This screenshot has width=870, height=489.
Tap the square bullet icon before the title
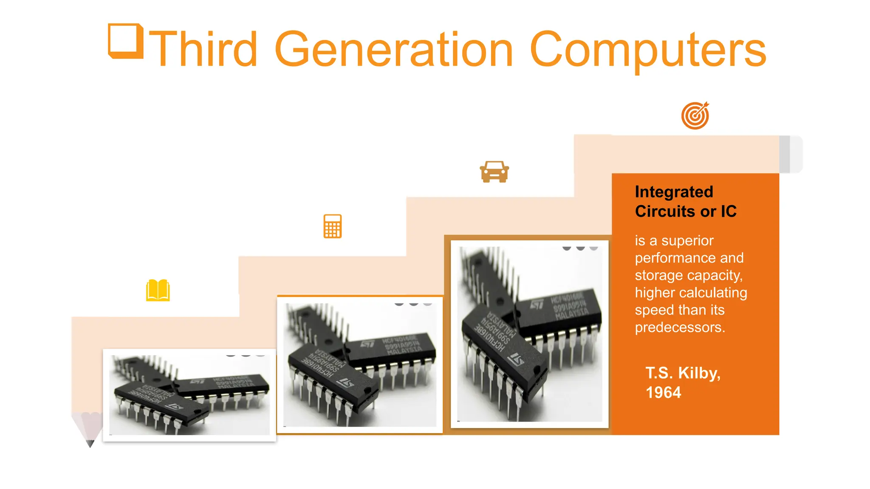125,41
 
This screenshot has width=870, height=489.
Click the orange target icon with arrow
695,115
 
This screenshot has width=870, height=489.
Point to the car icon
494,172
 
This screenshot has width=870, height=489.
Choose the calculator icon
332,226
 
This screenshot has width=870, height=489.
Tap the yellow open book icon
158,290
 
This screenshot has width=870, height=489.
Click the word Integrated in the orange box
674,192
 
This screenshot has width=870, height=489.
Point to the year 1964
663,393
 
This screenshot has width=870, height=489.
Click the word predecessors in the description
680,327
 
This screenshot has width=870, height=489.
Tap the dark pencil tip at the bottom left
90,443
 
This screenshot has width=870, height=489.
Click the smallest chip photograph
189,395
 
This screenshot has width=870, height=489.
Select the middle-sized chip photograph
360,365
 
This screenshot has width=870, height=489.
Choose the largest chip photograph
529,334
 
